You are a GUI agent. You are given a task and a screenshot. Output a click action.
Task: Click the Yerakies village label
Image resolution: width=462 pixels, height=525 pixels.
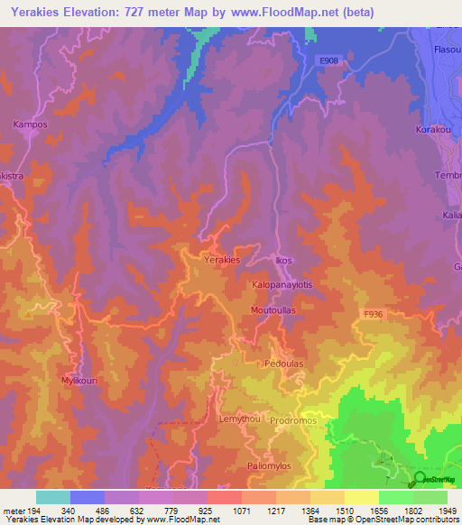point(222,260)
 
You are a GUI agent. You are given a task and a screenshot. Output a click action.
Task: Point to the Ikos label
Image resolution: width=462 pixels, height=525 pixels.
point(284,261)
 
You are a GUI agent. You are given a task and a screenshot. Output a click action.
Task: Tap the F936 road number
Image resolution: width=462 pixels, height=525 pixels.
point(374,314)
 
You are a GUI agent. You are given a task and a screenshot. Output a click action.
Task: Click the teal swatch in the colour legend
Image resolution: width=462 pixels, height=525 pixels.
point(53,497)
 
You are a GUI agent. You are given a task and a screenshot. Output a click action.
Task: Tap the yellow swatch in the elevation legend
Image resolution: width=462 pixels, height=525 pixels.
point(362,497)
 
